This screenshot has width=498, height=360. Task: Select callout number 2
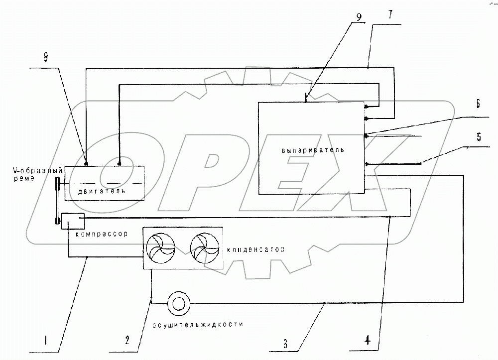tap(127, 341)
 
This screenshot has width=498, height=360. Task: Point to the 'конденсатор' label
tap(255, 249)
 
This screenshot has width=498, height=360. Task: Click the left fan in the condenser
tap(161, 248)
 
